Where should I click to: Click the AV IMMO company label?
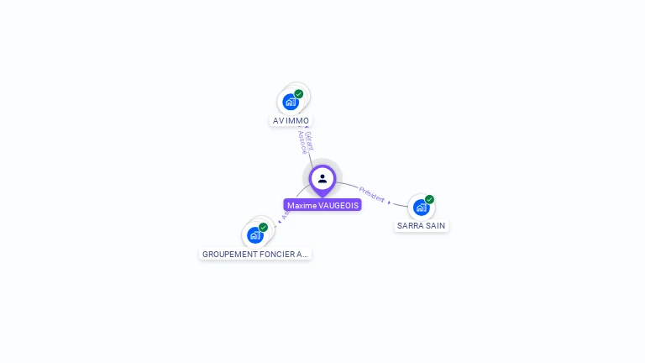point(291,120)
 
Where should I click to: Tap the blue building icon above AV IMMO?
point(291,103)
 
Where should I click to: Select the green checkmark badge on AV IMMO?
point(299,94)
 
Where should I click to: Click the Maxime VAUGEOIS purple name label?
point(322,205)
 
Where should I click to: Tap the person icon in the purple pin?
point(322,178)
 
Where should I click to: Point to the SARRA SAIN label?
point(421,225)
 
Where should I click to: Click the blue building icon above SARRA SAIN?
point(421,208)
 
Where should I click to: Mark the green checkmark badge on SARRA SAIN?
point(429,200)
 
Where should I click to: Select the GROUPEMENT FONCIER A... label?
point(255,254)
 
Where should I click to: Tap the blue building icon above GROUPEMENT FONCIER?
point(254,235)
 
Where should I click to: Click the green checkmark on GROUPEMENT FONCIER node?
point(263,228)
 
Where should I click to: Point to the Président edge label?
point(371,194)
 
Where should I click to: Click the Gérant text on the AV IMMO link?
point(309,140)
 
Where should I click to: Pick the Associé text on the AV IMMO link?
point(302,142)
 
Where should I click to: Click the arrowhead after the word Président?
point(389,203)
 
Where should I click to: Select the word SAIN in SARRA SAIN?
point(435,225)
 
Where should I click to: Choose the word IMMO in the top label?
point(298,120)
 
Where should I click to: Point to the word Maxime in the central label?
point(302,205)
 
